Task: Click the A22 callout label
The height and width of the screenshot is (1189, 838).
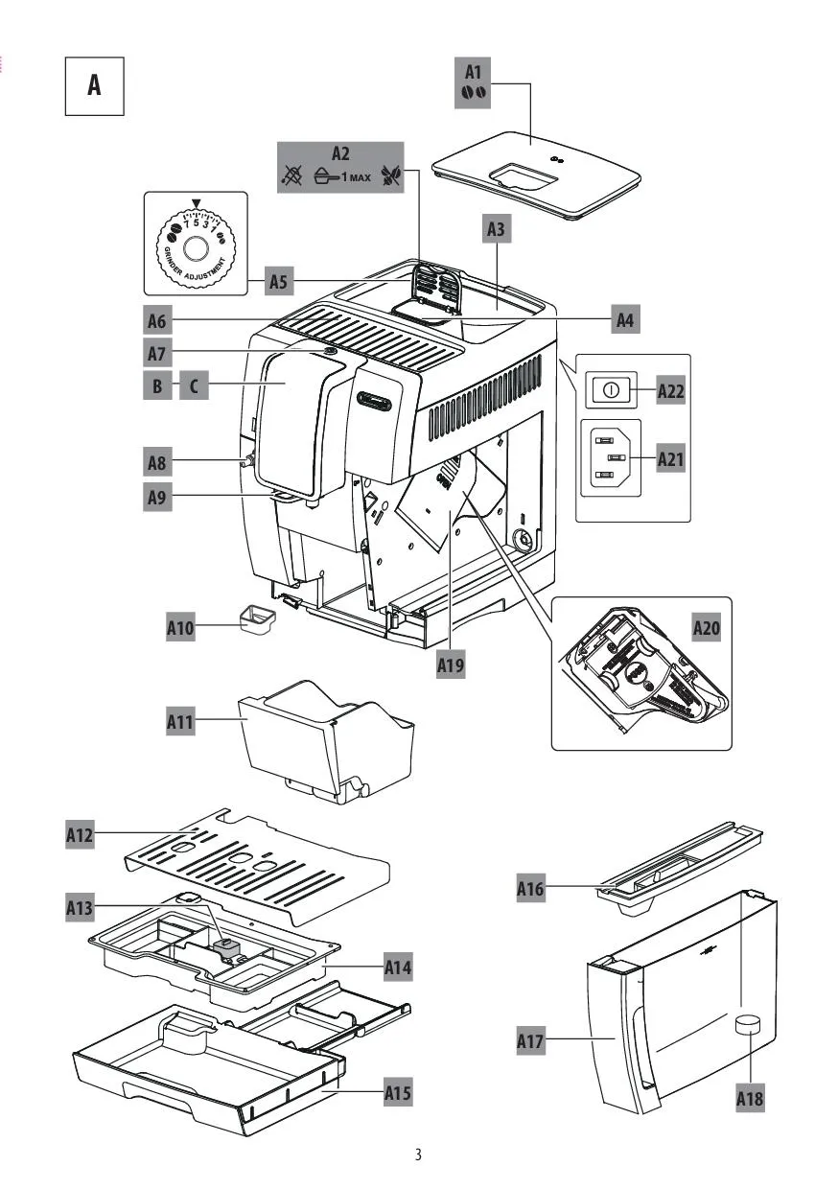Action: (671, 391)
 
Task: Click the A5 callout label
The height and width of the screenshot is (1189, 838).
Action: (278, 282)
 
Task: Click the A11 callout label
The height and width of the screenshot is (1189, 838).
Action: (180, 722)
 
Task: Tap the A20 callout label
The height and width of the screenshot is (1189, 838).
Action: (707, 628)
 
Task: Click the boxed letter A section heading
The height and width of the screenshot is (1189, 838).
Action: (94, 86)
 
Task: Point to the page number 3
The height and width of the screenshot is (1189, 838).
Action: (418, 1154)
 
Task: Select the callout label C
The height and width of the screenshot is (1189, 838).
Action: (194, 387)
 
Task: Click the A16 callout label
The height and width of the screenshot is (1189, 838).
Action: (530, 890)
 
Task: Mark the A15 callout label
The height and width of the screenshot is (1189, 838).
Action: (398, 1091)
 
